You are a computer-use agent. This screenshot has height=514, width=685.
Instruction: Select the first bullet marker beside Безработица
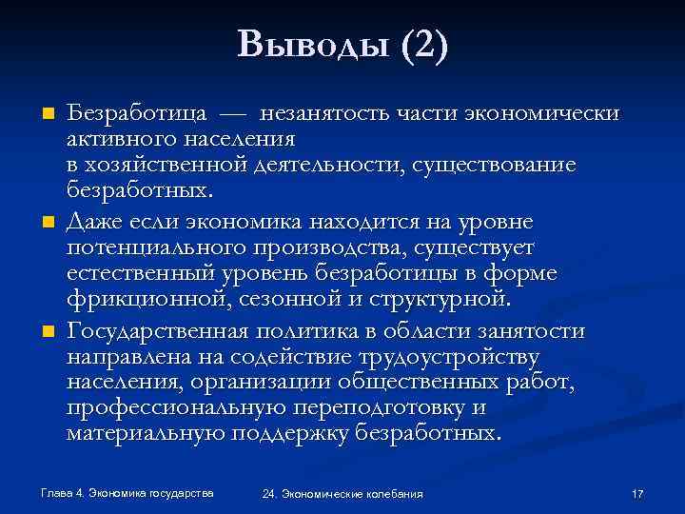pyautogui.click(x=46, y=114)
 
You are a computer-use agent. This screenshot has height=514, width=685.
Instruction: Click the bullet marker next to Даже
pyautogui.click(x=46, y=223)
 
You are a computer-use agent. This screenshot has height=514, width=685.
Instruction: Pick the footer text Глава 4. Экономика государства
pyautogui.click(x=127, y=493)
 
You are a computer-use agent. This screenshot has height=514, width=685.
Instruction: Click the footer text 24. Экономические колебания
pyautogui.click(x=342, y=494)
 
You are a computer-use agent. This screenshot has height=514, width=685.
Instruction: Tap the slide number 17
pyautogui.click(x=637, y=494)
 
